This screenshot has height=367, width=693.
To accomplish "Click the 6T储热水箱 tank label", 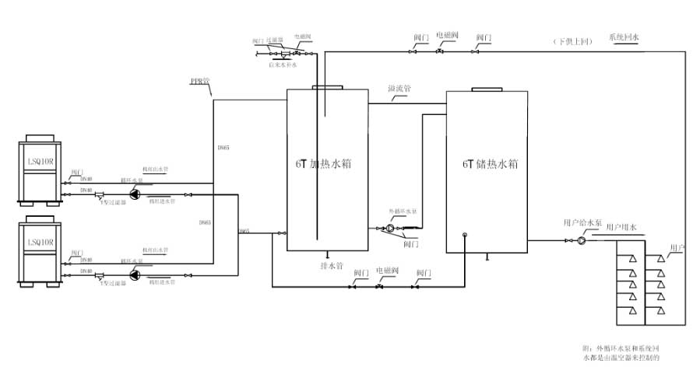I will (x=490, y=164).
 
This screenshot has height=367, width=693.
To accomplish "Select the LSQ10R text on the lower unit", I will (x=40, y=243).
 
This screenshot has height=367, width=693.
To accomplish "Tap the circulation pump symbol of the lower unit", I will (x=135, y=274).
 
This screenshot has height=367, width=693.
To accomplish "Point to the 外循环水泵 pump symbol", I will (x=391, y=229).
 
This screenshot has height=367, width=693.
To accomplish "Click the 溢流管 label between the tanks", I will (x=399, y=89).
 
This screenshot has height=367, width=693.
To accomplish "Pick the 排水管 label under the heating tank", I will (x=332, y=264).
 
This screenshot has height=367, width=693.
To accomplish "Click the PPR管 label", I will (x=201, y=80).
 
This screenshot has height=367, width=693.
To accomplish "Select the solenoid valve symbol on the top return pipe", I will (x=440, y=51).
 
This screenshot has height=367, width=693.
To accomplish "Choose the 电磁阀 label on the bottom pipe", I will (x=386, y=271).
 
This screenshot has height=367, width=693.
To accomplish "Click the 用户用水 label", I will (x=621, y=227).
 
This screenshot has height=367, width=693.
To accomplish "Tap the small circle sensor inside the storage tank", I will (x=464, y=235).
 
